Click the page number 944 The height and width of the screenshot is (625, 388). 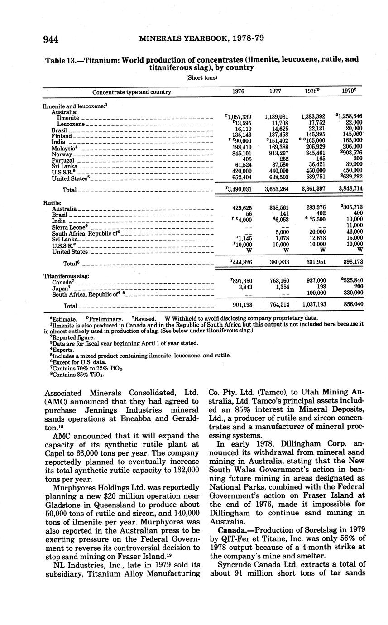(x=51, y=39)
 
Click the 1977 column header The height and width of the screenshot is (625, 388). (x=275, y=91)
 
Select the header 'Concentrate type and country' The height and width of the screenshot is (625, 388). (x=132, y=92)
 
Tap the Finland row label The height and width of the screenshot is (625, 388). (x=62, y=136)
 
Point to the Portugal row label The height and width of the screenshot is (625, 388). (x=63, y=160)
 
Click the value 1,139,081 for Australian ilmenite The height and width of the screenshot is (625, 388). (x=276, y=117)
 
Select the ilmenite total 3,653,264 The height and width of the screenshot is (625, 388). (x=276, y=188)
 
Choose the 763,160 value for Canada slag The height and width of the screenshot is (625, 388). (x=276, y=281)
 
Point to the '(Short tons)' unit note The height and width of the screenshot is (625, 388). (x=201, y=77)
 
